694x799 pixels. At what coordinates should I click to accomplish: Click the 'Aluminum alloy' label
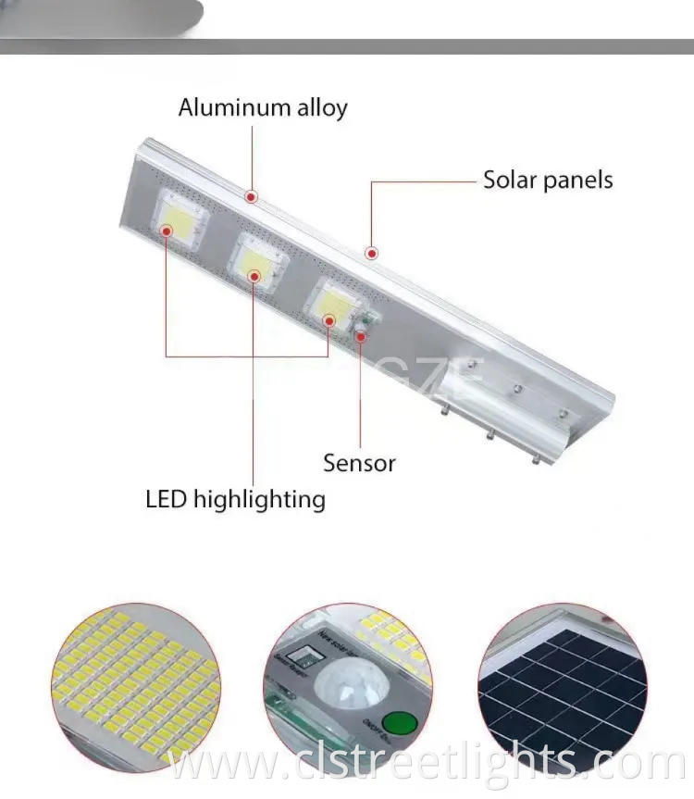tap(263, 107)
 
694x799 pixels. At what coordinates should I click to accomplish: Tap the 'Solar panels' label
tap(548, 180)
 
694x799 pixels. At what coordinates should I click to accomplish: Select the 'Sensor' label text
tap(359, 462)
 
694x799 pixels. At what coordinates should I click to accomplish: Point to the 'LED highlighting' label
tap(235, 500)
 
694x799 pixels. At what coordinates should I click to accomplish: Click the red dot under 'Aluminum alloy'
tap(251, 197)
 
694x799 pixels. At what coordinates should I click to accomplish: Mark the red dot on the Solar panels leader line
tap(371, 252)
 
